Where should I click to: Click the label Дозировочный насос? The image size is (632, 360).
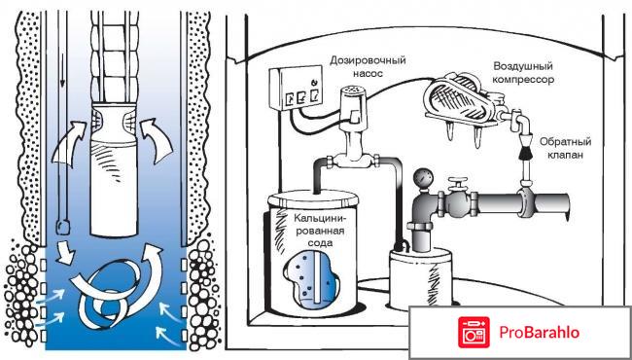coord(368,67)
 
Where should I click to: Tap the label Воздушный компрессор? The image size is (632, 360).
coord(523,73)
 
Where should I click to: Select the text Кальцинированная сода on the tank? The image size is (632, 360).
coord(318,232)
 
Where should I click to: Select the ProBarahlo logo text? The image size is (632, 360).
coord(539,333)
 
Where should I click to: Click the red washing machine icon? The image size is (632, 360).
coord(474,333)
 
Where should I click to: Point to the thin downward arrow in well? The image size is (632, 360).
coord(62,49)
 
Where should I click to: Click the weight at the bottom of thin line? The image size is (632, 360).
coord(63,227)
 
